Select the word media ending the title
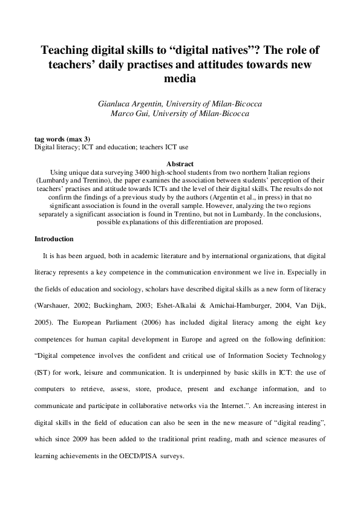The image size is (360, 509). coord(180,79)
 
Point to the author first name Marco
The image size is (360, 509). coord(122,113)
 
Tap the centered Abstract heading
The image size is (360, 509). coord(180,164)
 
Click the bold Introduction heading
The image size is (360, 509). coord(54,239)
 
